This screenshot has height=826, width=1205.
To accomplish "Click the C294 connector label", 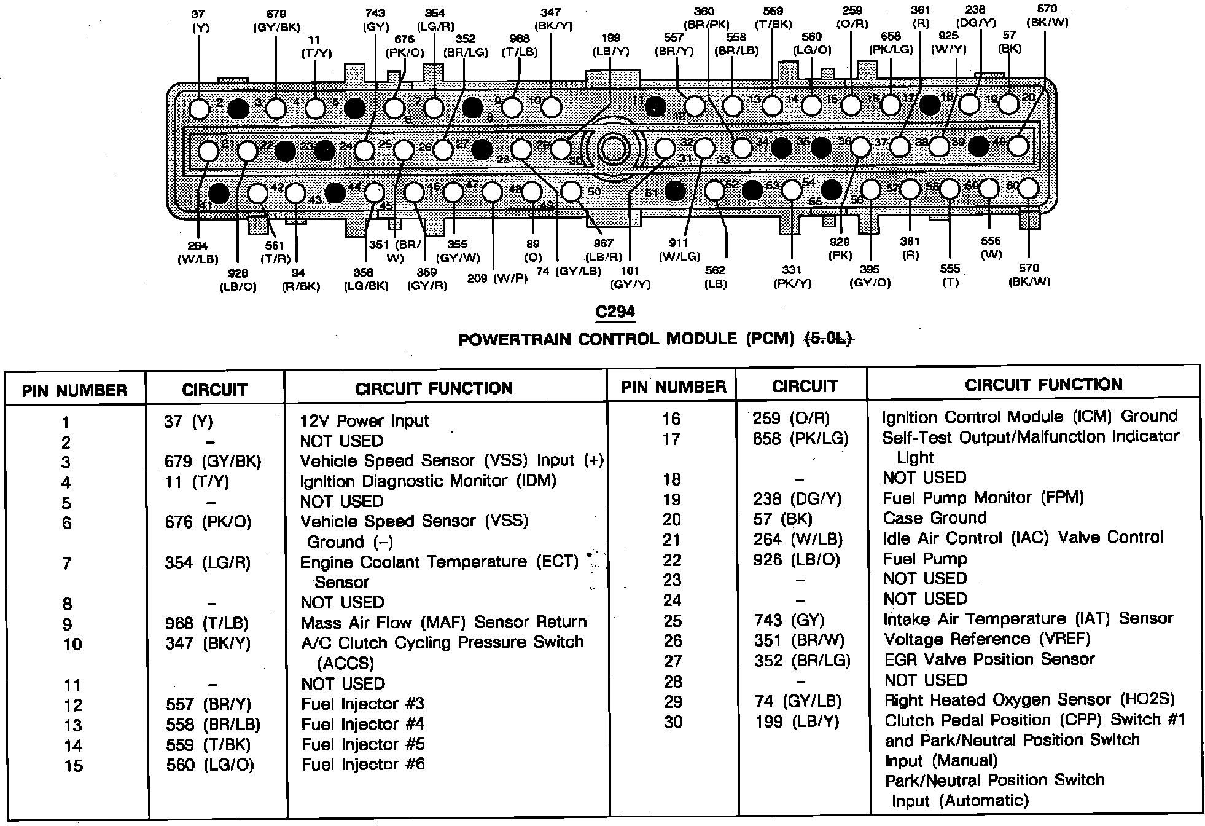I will [x=615, y=312].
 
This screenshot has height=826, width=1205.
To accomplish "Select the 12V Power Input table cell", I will [x=364, y=421].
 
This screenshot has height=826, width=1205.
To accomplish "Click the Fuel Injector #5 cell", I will [x=363, y=745].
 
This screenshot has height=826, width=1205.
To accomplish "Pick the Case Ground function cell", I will [x=935, y=518].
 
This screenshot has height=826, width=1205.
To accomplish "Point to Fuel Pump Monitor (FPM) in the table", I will [x=983, y=498].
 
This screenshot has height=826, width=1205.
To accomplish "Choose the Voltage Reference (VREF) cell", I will [x=987, y=639].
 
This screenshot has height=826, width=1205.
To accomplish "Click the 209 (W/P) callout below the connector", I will [x=497, y=278].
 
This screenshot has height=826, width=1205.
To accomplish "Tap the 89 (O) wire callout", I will [x=533, y=251].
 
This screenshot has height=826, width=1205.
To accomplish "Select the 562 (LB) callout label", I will [x=716, y=277].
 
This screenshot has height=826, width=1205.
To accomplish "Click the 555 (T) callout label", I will [x=950, y=275].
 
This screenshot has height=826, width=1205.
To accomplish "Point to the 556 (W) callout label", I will [x=991, y=247].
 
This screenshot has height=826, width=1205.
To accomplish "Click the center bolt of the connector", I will [x=613, y=149].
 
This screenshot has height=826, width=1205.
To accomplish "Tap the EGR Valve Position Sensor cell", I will [x=989, y=659].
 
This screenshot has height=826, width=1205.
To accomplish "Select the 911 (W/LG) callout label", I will [x=679, y=250].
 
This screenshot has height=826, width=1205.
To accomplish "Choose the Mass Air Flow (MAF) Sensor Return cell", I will [x=443, y=622].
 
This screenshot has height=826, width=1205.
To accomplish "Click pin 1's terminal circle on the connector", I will [x=199, y=109].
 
